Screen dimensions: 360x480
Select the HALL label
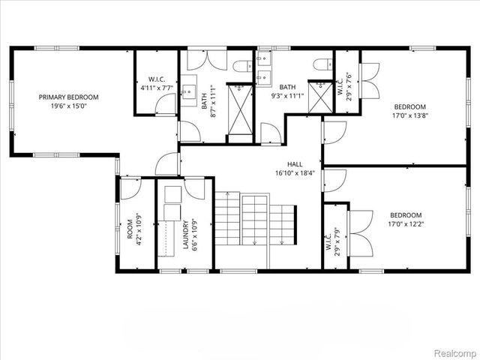(x=295, y=164)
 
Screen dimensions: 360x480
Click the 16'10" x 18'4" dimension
(x=295, y=174)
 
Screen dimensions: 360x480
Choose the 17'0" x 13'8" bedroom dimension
(x=409, y=116)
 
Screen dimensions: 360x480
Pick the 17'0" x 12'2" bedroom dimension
(x=406, y=224)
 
